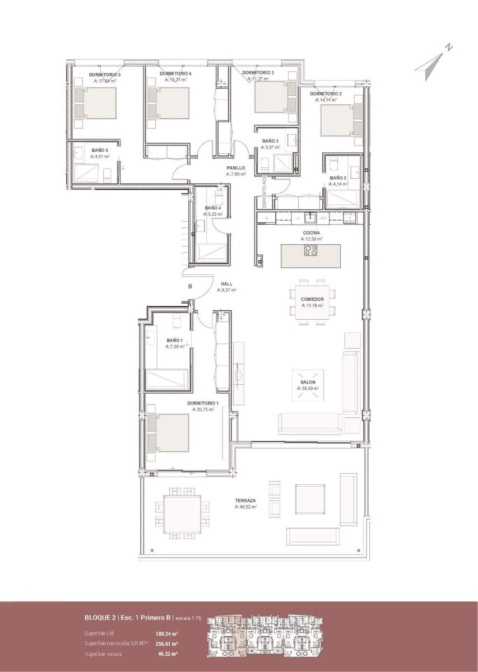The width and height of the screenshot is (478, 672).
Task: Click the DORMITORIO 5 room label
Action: pos(105,74)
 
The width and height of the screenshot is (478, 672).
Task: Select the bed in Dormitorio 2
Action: pos(341,120)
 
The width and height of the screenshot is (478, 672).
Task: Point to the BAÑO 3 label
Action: pos(270,141)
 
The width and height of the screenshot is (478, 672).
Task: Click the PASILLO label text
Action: pos(235,167)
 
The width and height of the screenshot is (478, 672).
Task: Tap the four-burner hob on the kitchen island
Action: pos(311,250)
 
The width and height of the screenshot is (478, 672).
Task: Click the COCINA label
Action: pos(311,232)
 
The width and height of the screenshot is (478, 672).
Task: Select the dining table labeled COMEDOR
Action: pos(312,302)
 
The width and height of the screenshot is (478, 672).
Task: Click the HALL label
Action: pos(226,284)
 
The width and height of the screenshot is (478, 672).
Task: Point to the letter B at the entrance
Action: pos(190,287)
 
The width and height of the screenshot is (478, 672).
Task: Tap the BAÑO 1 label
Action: pos(174,340)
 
